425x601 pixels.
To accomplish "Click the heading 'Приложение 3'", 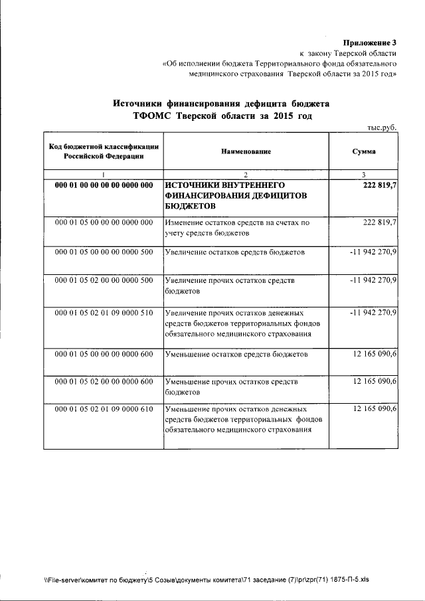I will [x=369, y=43].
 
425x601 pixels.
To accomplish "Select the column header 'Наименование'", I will [x=246, y=151].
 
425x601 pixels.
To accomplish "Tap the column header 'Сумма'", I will [x=364, y=151].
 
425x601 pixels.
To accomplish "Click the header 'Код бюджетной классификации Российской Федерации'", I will [x=104, y=151].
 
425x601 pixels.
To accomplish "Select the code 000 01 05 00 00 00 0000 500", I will [x=104, y=252].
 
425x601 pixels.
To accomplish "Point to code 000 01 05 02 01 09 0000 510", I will [x=104, y=312].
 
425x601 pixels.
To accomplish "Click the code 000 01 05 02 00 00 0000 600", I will [x=104, y=382].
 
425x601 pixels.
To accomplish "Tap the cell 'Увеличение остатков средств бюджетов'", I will [x=235, y=252].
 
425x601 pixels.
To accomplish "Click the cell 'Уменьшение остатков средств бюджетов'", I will [x=236, y=355].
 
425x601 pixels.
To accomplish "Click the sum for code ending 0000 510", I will [x=373, y=312].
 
